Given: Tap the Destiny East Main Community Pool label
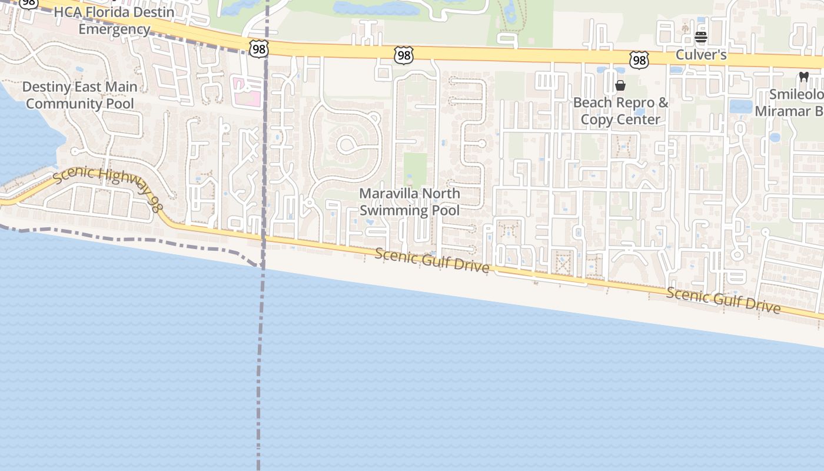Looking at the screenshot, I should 80,95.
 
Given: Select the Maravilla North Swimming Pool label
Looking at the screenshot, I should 410,202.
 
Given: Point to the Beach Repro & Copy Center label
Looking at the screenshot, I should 621,111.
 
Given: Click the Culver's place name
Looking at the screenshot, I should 701,55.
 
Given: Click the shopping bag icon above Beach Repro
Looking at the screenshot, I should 620,86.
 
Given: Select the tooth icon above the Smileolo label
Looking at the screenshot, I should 803,77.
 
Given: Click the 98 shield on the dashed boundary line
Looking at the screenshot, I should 258,49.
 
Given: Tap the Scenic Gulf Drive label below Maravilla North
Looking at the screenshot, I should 432,260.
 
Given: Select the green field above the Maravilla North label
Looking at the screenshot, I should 416,168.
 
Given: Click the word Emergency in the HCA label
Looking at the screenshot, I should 114,29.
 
